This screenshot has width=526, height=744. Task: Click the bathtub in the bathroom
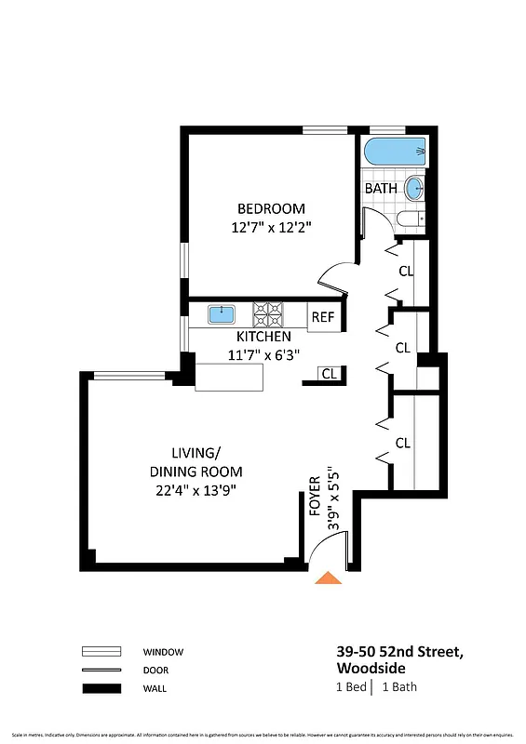(x=395, y=151)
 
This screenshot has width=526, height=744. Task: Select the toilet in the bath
(x=411, y=219)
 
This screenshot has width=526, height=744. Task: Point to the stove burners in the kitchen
(x=270, y=312)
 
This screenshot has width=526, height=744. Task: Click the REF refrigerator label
(x=322, y=317)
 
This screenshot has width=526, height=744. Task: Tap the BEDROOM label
(x=271, y=208)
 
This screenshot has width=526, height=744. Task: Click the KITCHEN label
(x=263, y=337)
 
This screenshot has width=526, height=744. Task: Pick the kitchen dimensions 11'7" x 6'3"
(x=263, y=354)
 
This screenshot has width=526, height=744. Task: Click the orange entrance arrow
(x=328, y=578)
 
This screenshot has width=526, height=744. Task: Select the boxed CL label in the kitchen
(x=329, y=374)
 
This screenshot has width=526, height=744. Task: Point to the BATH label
(x=381, y=188)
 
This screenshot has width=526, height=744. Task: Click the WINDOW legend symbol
(x=102, y=652)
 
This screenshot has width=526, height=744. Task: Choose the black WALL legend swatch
(x=102, y=689)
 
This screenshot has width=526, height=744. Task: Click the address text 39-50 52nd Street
(x=399, y=652)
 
